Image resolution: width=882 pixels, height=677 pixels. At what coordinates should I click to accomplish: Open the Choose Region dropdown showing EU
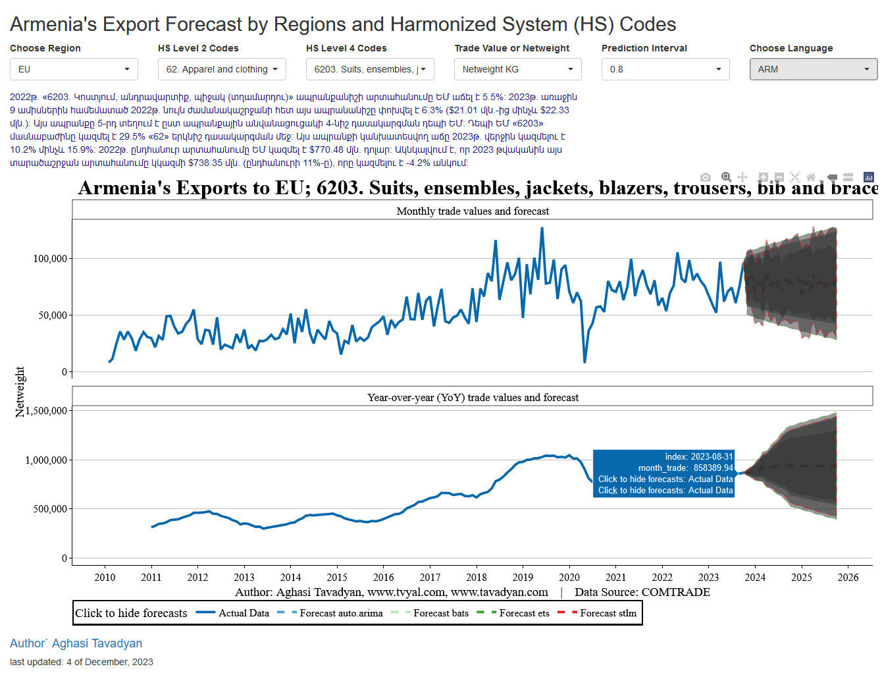click(74, 69)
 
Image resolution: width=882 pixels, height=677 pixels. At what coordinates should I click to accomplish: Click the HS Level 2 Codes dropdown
click(222, 69)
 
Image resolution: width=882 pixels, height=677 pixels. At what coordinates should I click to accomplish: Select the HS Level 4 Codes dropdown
click(370, 69)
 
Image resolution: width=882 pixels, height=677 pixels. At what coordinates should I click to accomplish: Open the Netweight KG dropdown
click(518, 69)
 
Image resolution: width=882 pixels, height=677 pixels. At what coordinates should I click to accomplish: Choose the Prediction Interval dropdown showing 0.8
click(665, 69)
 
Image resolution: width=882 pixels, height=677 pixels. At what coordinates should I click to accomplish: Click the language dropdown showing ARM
click(814, 69)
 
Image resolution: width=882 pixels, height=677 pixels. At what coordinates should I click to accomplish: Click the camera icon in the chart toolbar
click(706, 177)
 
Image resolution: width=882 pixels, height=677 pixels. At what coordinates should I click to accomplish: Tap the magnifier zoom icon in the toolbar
click(726, 177)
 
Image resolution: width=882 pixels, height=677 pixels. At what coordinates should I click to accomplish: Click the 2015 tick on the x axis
click(337, 578)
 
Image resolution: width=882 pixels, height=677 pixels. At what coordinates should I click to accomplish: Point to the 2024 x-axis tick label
click(755, 578)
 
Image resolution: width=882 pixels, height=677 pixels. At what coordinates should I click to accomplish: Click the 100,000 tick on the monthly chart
click(50, 259)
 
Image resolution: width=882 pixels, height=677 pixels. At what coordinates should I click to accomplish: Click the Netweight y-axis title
click(20, 392)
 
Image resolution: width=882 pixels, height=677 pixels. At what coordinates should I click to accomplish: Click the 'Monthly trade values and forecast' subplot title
click(473, 211)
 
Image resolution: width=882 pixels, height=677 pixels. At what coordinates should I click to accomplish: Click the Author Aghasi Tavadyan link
click(76, 643)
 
